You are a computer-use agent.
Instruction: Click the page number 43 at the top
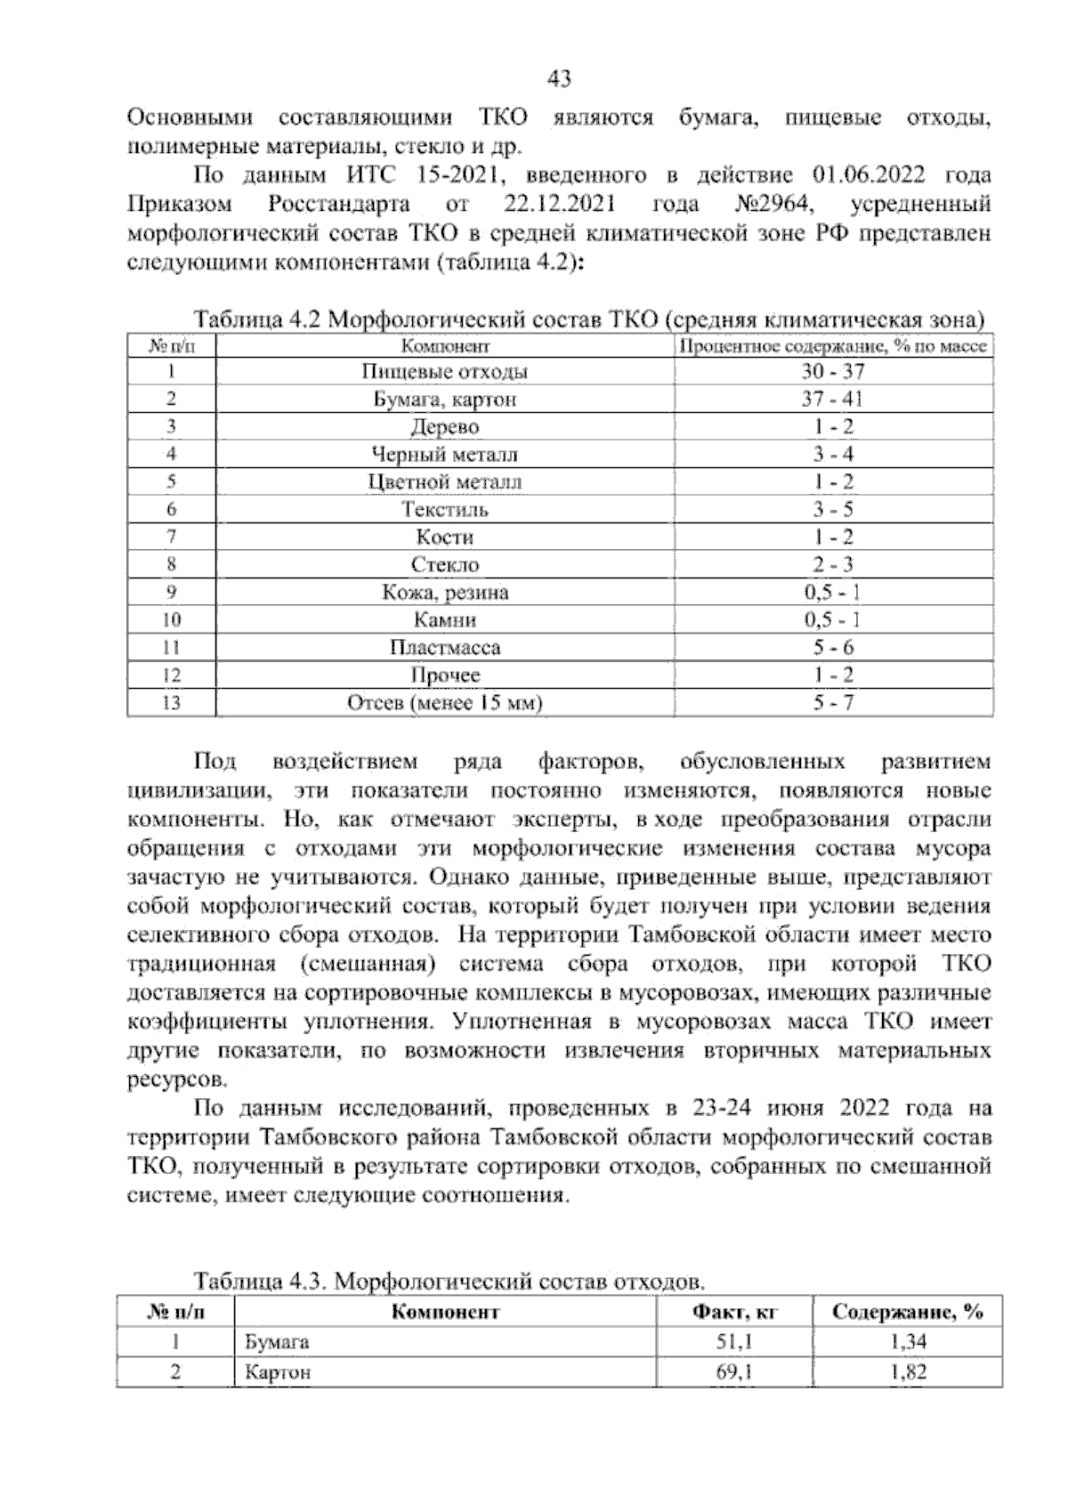coord(558,80)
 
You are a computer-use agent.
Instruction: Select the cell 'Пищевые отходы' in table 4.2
coord(445,372)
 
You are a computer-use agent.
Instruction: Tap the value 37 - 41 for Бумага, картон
coord(832,400)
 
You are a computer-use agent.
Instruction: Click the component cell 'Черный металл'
coord(445,455)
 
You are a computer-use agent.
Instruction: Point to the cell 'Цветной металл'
coord(445,482)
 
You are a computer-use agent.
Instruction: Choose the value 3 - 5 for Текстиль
coord(832,510)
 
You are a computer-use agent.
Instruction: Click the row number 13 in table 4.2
coord(172,703)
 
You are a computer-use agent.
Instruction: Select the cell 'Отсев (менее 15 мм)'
coord(445,703)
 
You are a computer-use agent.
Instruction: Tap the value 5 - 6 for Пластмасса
coord(832,648)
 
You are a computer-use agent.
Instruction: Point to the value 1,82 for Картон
coord(909,1372)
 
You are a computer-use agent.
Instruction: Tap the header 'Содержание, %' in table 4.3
coord(909,1312)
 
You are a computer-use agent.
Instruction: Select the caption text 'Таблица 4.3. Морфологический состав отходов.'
coord(449,1282)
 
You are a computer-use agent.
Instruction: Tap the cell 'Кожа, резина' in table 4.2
coord(445,593)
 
